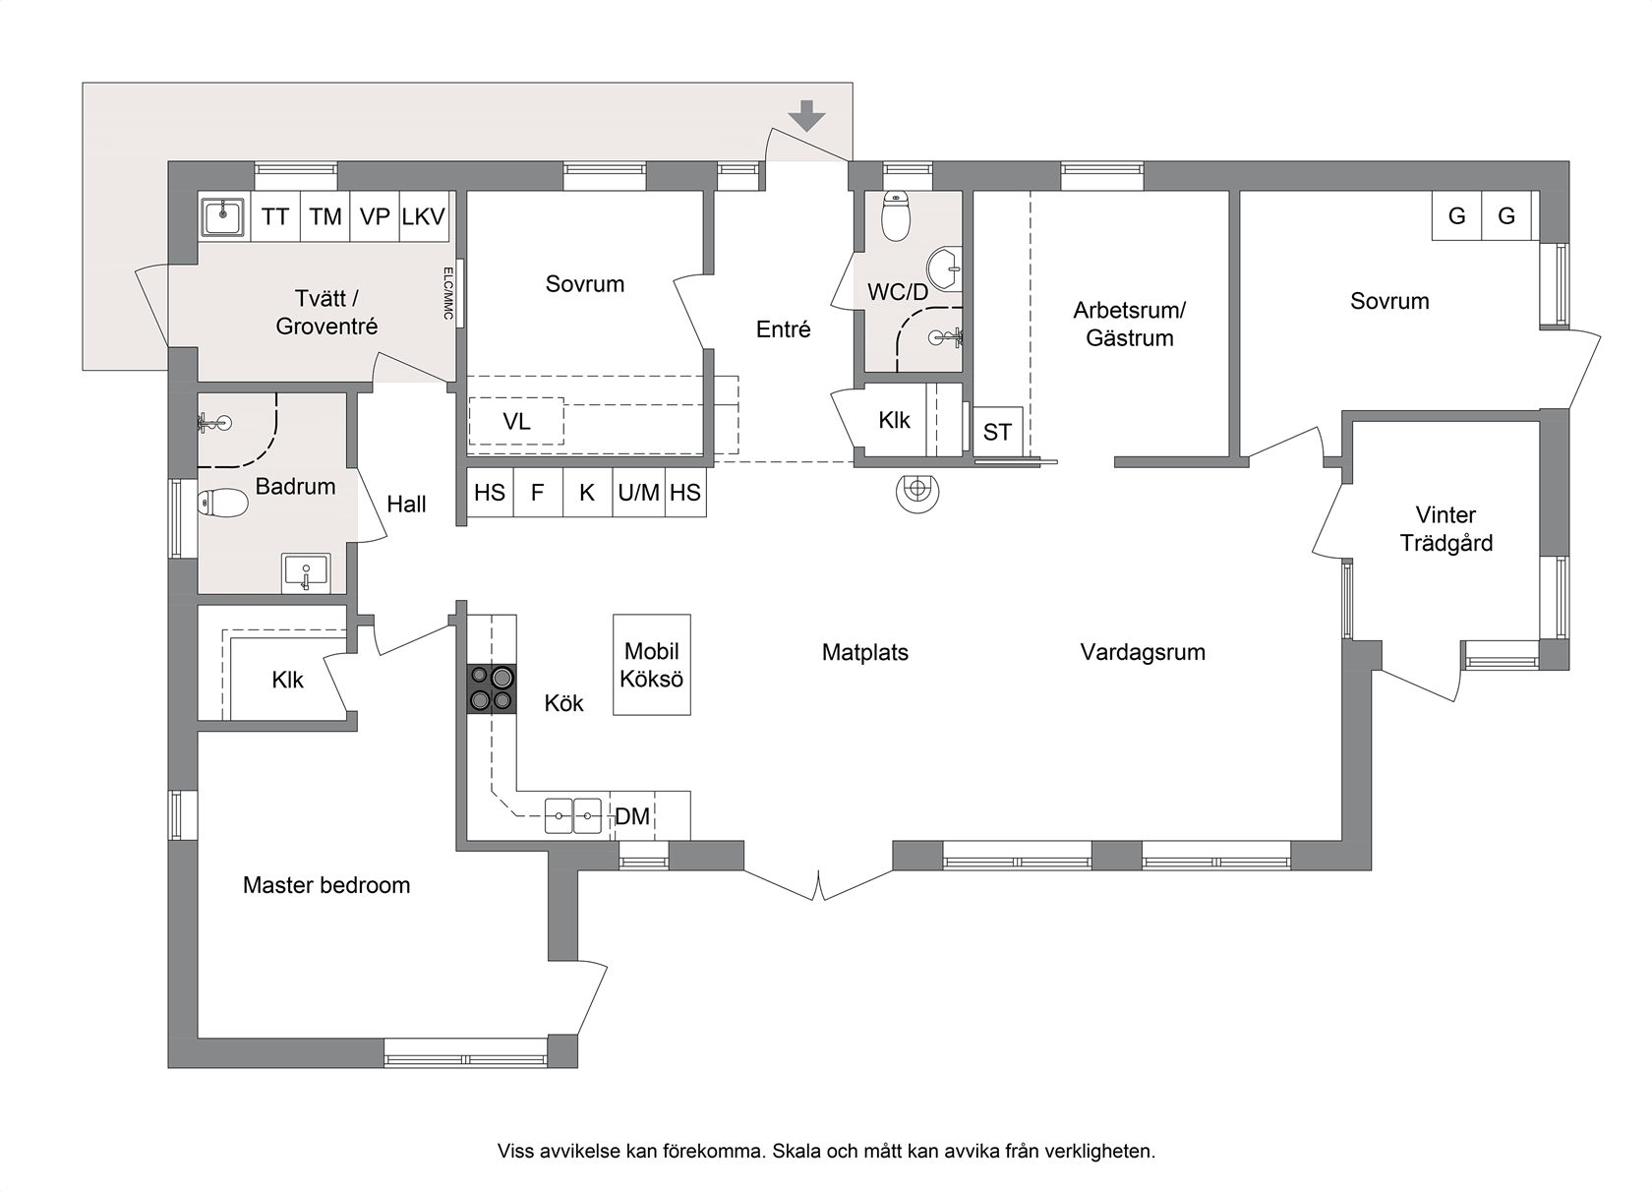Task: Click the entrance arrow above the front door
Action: (806, 116)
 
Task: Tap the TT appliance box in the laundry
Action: (275, 216)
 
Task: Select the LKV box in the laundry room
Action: (423, 216)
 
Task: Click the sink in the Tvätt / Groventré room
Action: (222, 216)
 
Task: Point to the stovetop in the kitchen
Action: (492, 688)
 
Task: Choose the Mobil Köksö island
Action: (652, 665)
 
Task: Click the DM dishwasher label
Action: (632, 816)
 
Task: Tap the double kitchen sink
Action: (573, 816)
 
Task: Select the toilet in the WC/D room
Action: (896, 216)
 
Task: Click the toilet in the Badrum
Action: (222, 504)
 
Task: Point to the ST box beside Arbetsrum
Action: (998, 432)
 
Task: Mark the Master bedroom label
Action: (326, 885)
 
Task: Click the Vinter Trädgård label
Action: (1446, 529)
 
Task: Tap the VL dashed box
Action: (516, 421)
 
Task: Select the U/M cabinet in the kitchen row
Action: (639, 492)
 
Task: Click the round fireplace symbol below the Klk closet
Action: (917, 490)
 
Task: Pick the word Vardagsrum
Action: (1143, 652)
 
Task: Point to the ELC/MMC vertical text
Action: (447, 293)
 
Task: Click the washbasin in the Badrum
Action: (306, 573)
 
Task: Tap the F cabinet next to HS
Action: (538, 492)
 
